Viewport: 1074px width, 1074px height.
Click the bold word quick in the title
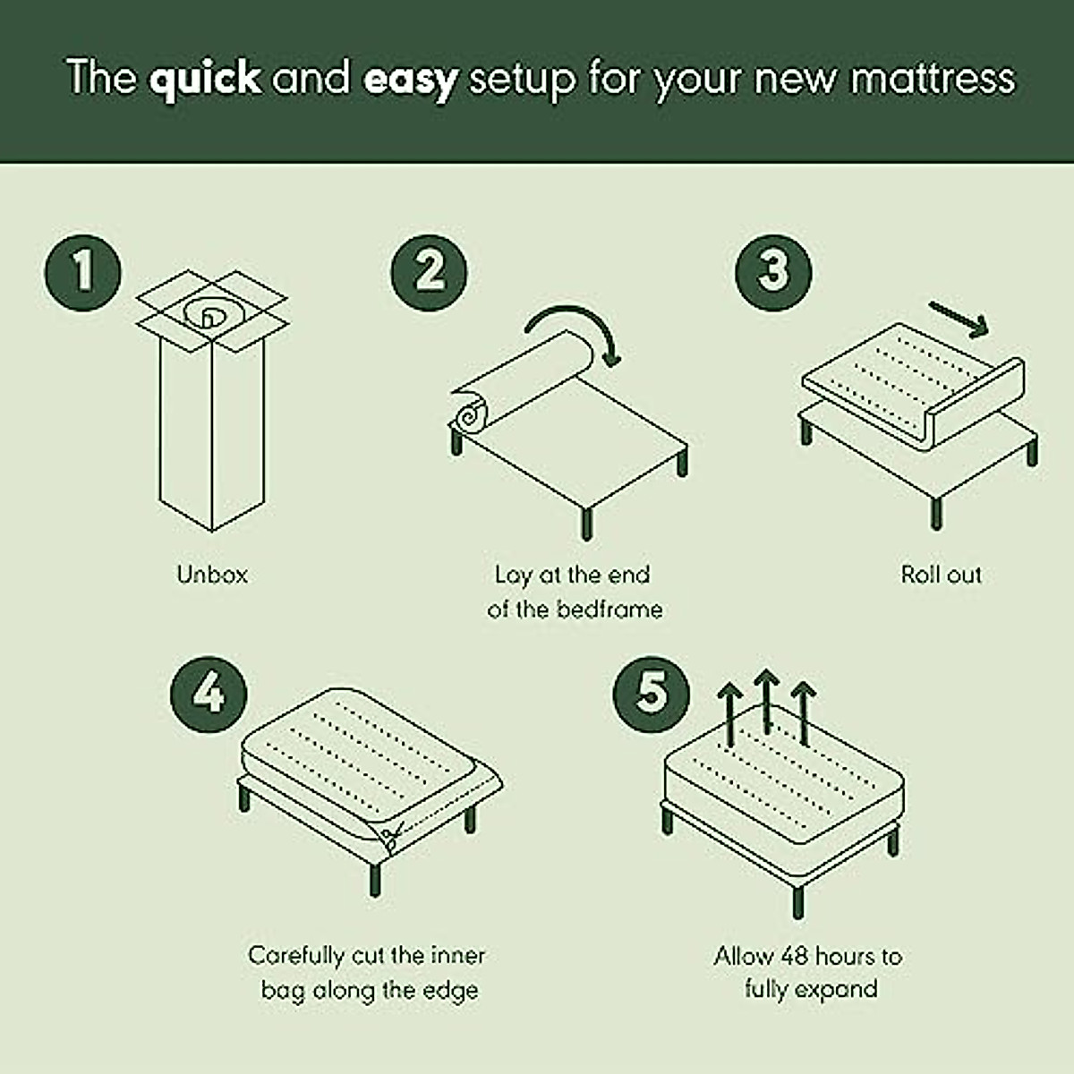[x=205, y=79]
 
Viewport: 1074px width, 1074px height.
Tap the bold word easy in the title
[x=410, y=79]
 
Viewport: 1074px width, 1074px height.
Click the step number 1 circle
[x=82, y=271]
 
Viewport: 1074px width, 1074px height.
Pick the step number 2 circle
[x=429, y=271]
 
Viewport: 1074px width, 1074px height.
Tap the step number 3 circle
[x=773, y=271]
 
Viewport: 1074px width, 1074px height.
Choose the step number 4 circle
[x=209, y=695]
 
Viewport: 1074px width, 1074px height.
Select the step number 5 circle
[x=652, y=695]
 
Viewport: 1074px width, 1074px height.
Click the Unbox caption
[x=212, y=575]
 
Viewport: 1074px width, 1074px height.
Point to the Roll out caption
[x=941, y=575]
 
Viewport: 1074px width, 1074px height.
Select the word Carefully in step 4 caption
[x=296, y=956]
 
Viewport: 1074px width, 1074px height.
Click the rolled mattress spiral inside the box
[x=208, y=313]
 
